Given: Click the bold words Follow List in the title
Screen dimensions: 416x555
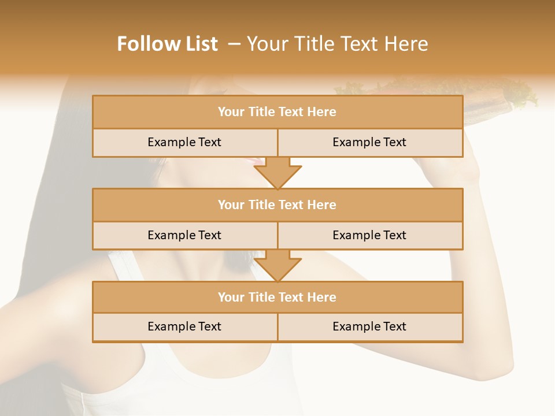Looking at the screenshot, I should tap(167, 44).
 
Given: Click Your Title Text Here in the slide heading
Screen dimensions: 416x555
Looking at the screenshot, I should tap(337, 44).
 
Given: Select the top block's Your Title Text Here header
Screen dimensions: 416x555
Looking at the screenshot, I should tap(277, 112).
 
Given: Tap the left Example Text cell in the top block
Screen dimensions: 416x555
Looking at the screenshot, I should tap(184, 142).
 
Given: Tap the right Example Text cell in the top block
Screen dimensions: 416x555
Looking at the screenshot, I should tap(369, 142).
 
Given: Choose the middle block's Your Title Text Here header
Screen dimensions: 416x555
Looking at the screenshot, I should tap(277, 205).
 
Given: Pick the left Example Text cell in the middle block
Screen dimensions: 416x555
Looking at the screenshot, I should tap(184, 235).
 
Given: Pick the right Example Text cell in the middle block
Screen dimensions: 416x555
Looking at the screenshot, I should tap(369, 235).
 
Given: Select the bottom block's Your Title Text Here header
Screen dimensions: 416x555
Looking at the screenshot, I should tap(277, 297).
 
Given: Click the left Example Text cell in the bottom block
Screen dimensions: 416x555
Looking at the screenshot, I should tap(184, 326).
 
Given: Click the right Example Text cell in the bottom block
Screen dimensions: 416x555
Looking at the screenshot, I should tap(369, 326).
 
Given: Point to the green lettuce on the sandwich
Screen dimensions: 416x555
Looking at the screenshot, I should tap(520, 92).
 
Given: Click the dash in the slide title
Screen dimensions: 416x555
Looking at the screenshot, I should tap(234, 44).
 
